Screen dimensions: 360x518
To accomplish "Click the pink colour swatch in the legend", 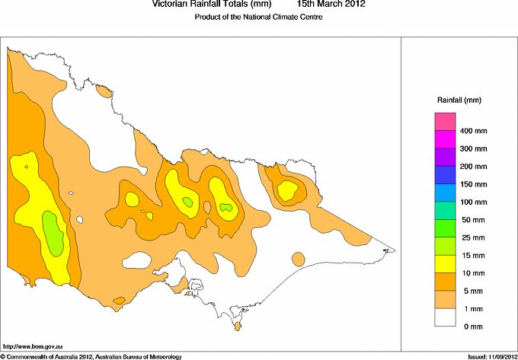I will (445, 121).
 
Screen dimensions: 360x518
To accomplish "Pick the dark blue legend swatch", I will (445, 174).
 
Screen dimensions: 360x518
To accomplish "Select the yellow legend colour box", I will (445, 263).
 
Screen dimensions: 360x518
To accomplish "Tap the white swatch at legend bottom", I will (445, 317).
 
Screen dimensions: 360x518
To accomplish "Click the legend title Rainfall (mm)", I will (459, 100).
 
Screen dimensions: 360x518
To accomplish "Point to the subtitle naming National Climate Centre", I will (259, 16).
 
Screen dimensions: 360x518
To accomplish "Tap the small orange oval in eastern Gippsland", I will (298, 258).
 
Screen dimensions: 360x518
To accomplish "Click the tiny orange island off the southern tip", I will (238, 327).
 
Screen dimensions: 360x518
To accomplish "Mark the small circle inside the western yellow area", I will (27, 167).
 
